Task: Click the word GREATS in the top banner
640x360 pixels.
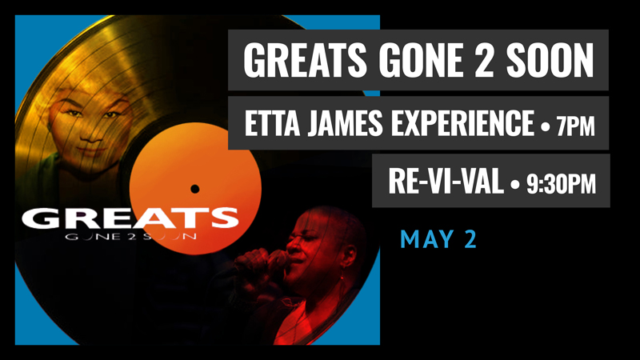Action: tap(305, 60)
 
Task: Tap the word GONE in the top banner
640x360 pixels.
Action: tap(422, 60)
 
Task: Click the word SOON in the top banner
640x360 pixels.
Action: tap(550, 60)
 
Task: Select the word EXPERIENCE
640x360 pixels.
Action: tap(463, 123)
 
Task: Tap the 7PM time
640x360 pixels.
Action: tap(575, 126)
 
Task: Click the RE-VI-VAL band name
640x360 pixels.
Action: tap(446, 182)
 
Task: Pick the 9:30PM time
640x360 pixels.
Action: tap(561, 184)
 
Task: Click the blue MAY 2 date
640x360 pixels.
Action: tap(438, 239)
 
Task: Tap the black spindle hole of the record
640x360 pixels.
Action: tap(194, 189)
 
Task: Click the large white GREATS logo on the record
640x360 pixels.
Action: tap(130, 218)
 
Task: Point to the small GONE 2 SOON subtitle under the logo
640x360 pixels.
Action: tap(130, 236)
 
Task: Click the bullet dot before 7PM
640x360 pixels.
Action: tap(546, 126)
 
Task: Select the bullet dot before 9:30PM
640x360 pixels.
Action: tap(514, 185)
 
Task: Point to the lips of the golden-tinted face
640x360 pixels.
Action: tap(91, 150)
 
